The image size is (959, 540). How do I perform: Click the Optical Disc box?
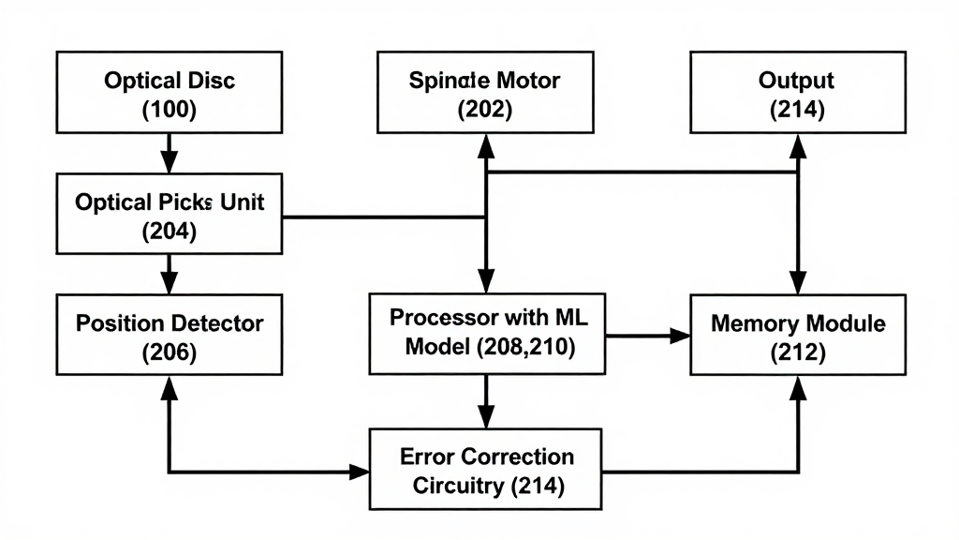click(x=169, y=93)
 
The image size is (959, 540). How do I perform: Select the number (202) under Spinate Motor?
click(x=484, y=110)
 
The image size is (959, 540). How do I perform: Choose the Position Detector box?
click(x=169, y=336)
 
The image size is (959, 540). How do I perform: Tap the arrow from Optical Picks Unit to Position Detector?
click(x=169, y=274)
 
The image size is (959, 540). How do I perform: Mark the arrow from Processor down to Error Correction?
click(x=485, y=401)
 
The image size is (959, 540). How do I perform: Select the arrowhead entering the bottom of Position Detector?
click(x=170, y=385)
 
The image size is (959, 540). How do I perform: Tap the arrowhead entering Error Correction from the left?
click(x=361, y=472)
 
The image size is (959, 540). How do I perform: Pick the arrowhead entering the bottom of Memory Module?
click(x=797, y=385)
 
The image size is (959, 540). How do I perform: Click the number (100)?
click(x=169, y=110)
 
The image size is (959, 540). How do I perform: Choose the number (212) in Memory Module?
click(x=797, y=353)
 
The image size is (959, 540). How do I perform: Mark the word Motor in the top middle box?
click(x=526, y=81)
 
